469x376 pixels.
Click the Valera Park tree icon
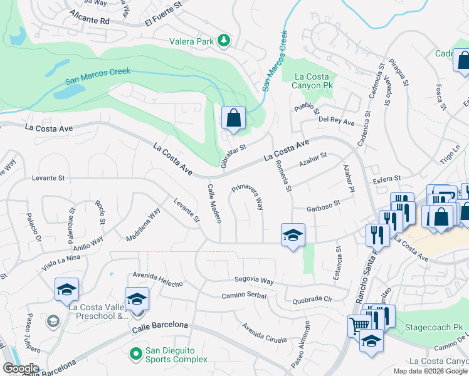pos(224,41)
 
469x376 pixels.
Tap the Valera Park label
pos(192,42)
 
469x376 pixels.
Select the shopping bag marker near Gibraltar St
pos(233,117)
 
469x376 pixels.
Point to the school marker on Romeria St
pos(293,235)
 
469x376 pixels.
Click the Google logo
pos(21,368)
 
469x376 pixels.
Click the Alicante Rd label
pos(90,17)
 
